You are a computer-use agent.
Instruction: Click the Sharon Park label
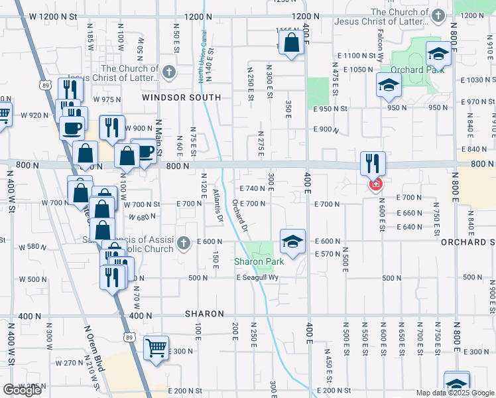(259, 261)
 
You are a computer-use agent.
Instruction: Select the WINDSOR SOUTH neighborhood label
(181, 98)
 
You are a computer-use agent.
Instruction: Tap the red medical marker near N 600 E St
(376, 184)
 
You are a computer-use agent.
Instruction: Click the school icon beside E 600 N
(292, 242)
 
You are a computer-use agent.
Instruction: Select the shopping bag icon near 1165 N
(291, 43)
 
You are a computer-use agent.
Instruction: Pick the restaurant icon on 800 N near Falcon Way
(373, 163)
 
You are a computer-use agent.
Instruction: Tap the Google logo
(22, 390)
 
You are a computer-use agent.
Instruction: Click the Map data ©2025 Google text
(455, 393)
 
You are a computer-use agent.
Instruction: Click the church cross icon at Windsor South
(169, 71)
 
